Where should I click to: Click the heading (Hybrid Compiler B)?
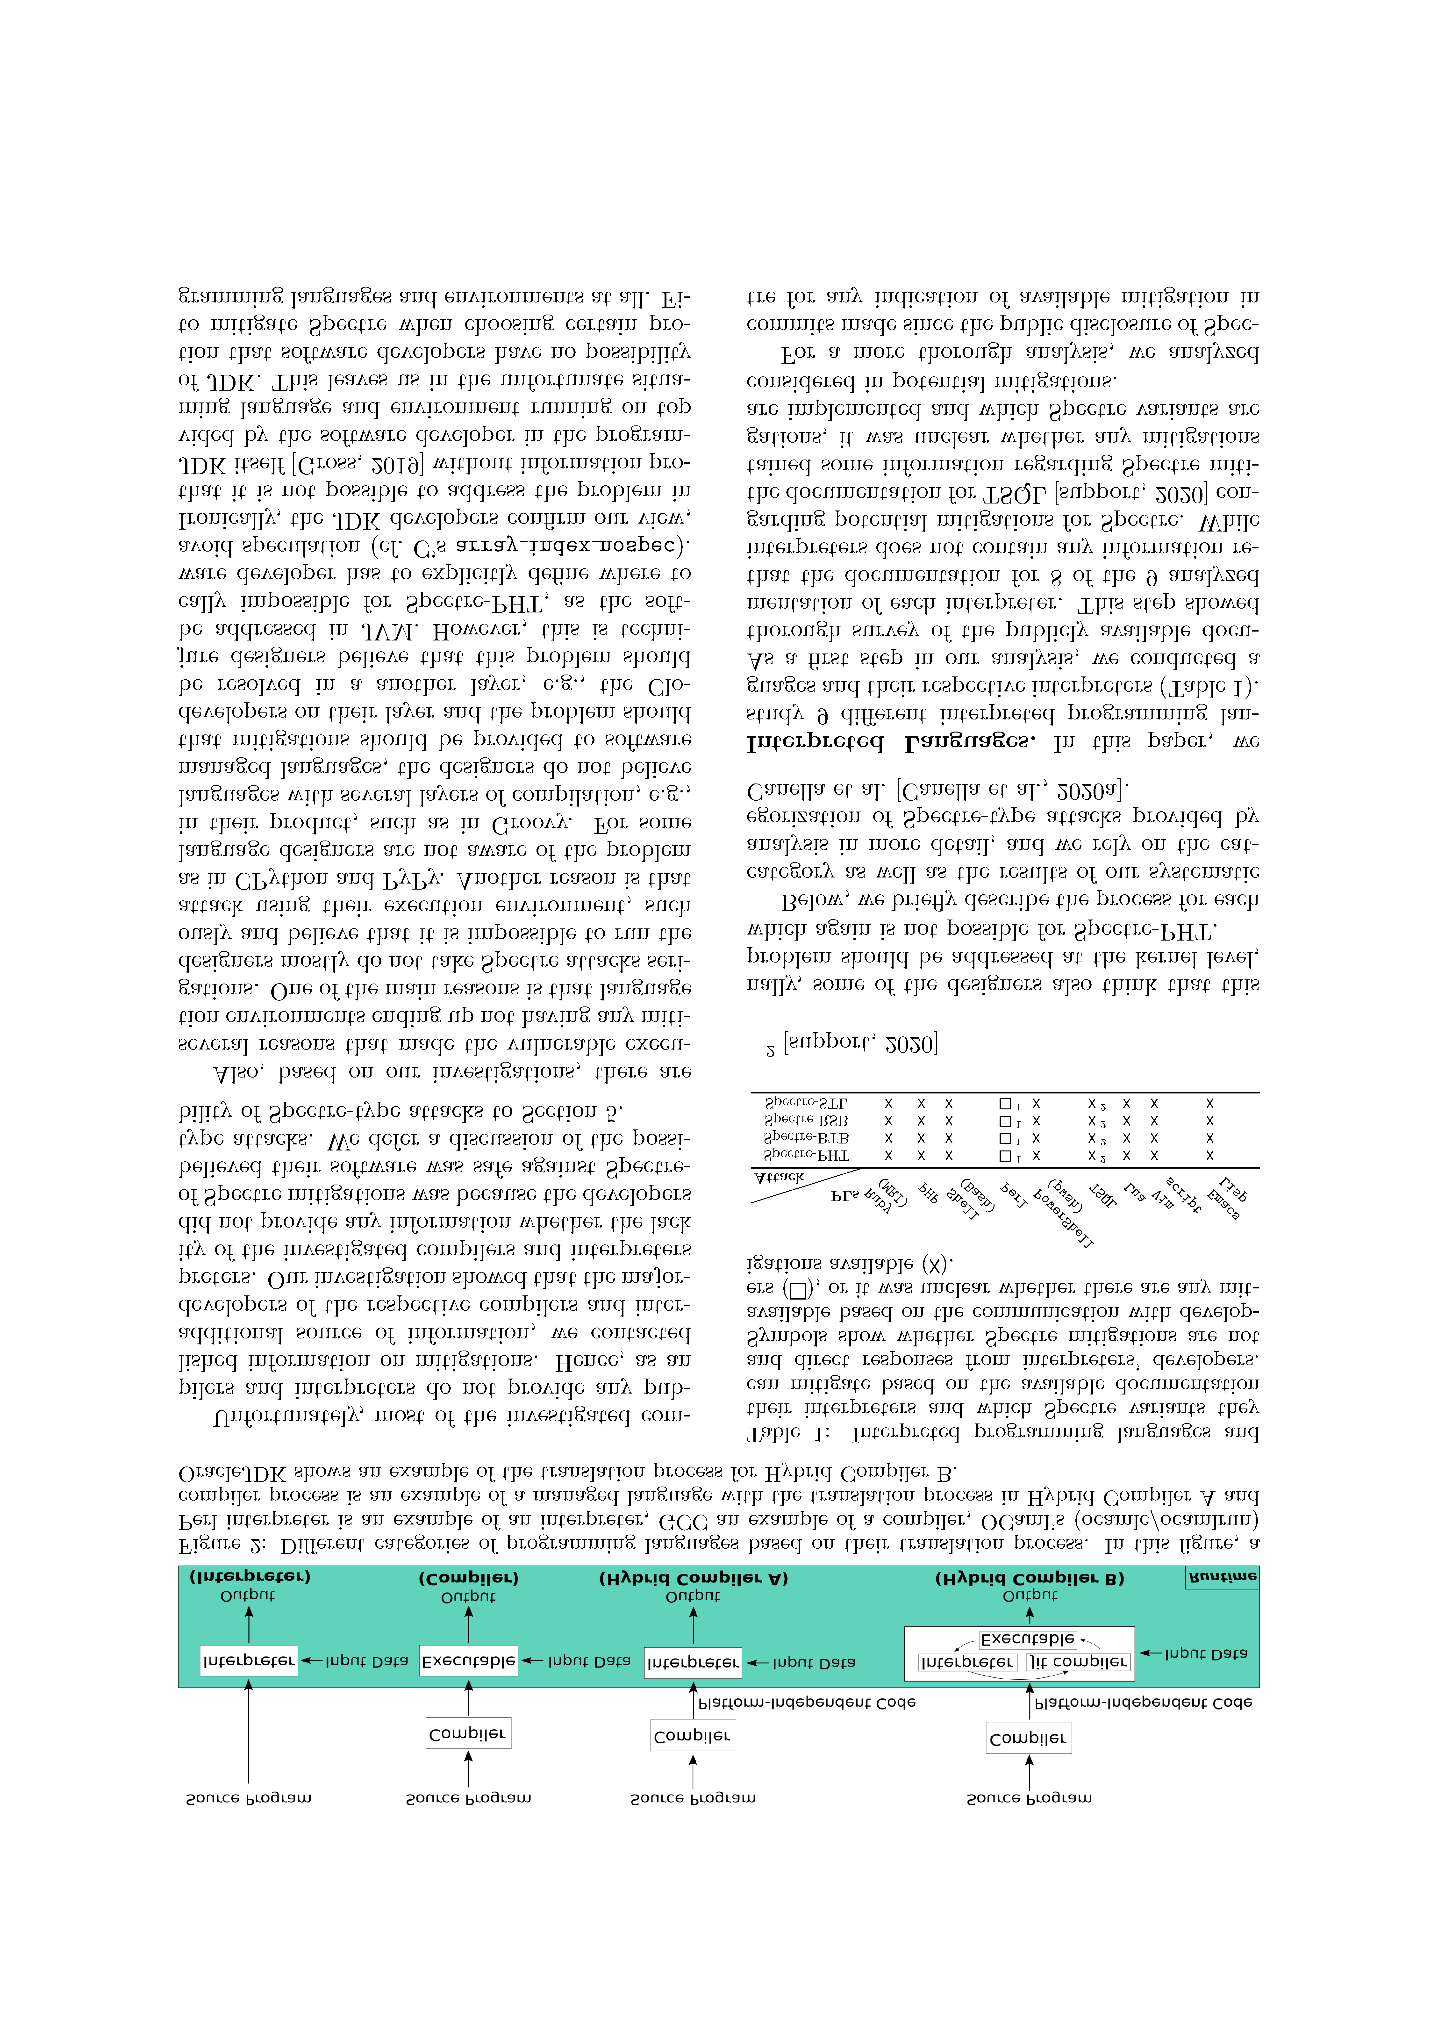tap(1030, 1579)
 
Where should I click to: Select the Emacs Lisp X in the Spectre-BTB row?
tap(1209, 1138)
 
